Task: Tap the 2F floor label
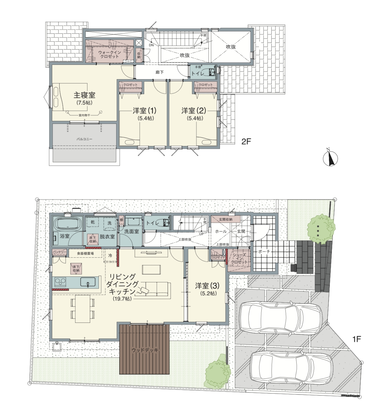(x=246, y=142)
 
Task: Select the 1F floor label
(x=357, y=339)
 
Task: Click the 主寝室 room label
(x=84, y=95)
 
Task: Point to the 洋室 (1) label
(x=145, y=111)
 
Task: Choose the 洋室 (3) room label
(x=207, y=286)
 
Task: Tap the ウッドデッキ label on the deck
(x=145, y=350)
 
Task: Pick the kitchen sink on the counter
(x=88, y=282)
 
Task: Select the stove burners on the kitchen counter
(x=60, y=282)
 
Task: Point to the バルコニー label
(x=84, y=139)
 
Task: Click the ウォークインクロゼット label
(x=109, y=54)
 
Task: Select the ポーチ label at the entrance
(x=264, y=252)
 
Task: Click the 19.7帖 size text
(x=122, y=299)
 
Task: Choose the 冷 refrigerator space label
(x=110, y=256)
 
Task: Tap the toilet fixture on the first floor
(x=165, y=223)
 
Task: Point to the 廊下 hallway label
(x=159, y=72)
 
